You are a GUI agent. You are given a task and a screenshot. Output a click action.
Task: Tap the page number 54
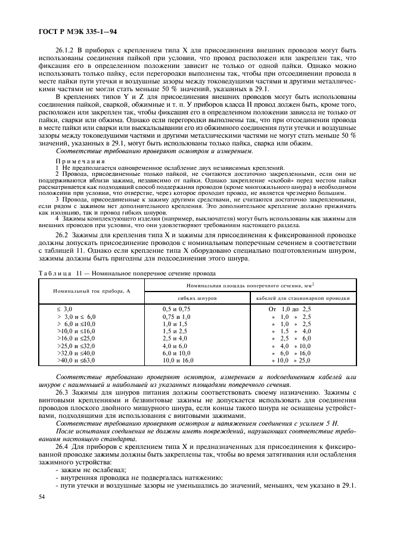point(41,496)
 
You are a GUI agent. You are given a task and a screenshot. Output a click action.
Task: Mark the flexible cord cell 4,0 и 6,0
point(175,345)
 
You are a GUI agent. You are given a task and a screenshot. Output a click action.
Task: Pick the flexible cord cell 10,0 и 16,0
point(178,360)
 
